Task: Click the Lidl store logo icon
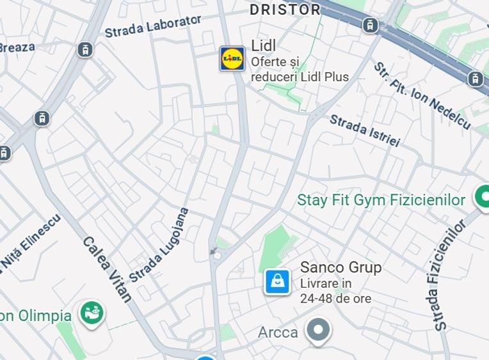[232, 59]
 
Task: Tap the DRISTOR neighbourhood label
[285, 10]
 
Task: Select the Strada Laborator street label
[153, 26]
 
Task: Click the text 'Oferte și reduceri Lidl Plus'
[300, 70]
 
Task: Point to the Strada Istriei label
[364, 130]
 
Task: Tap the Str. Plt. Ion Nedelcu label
[422, 97]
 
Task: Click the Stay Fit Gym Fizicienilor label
[381, 200]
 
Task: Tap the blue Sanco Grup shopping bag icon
[277, 281]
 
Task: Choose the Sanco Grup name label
[341, 267]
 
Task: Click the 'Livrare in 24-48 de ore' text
[335, 291]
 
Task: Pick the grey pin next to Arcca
[317, 331]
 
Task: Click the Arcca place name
[278, 333]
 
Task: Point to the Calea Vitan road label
[107, 269]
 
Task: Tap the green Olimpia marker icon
[92, 313]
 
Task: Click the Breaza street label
[17, 47]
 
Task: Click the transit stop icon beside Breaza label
[84, 49]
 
